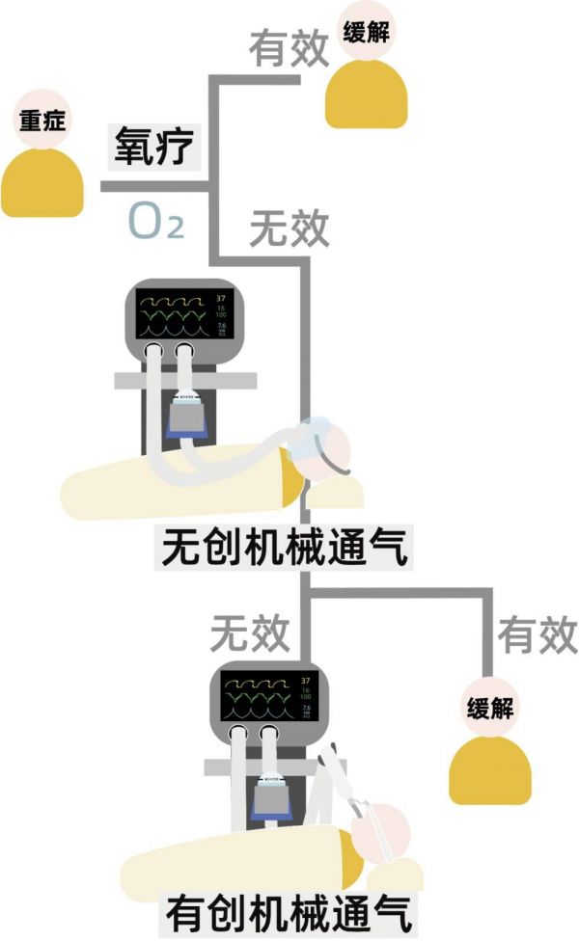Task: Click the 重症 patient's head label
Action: pos(41,121)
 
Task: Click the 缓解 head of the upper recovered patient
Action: pos(366,33)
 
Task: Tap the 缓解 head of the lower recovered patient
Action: pos(490,708)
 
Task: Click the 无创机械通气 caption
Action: pos(287,551)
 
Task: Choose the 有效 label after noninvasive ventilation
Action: pos(537,635)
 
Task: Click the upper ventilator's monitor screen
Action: pos(172,316)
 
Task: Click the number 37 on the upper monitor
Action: pos(221,297)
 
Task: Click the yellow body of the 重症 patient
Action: pos(42,183)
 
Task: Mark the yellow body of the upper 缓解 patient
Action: pos(366,96)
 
